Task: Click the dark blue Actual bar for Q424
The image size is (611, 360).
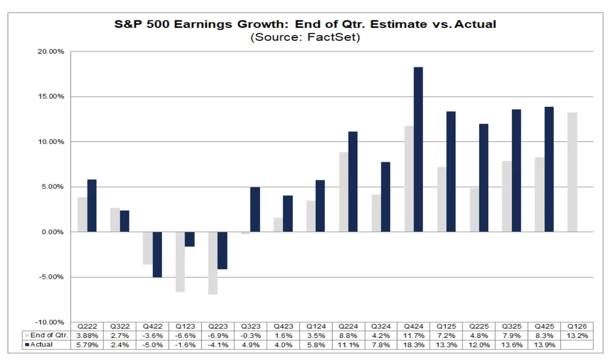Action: pyautogui.click(x=418, y=149)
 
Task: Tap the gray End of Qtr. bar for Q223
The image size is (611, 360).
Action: pyautogui.click(x=213, y=263)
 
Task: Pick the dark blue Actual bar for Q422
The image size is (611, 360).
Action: pyautogui.click(x=157, y=254)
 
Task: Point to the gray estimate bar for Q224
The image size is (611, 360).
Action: pyautogui.click(x=344, y=192)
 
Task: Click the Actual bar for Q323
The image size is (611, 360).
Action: pyautogui.click(x=255, y=209)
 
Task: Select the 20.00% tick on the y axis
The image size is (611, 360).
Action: pyautogui.click(x=50, y=51)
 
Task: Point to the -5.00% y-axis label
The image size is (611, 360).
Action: pyautogui.click(x=50, y=277)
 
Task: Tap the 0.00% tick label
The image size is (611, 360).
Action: pyautogui.click(x=51, y=232)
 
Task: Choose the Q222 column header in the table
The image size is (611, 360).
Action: pyautogui.click(x=88, y=326)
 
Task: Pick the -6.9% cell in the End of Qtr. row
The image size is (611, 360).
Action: pyautogui.click(x=218, y=336)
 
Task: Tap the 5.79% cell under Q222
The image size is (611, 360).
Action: pyautogui.click(x=88, y=345)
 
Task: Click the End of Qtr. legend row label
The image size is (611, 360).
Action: pyautogui.click(x=47, y=336)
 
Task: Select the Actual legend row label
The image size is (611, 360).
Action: pyautogui.click(x=41, y=345)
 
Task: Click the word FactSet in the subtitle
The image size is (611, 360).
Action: pyautogui.click(x=332, y=37)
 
